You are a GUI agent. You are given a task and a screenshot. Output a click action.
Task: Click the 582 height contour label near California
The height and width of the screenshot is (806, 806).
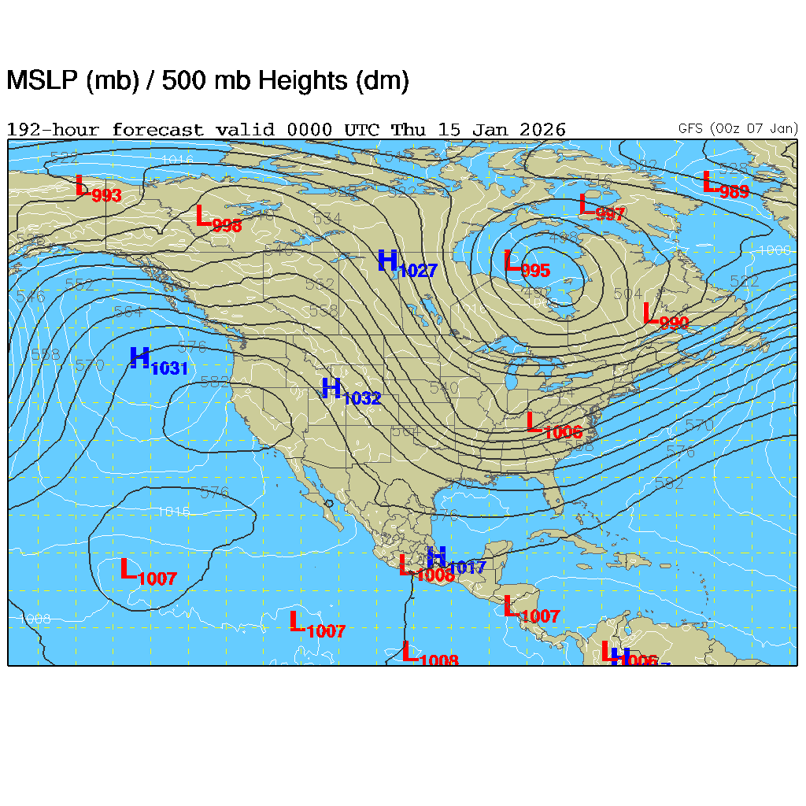[215, 383]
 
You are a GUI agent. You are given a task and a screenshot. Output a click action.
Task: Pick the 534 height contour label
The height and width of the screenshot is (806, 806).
[327, 219]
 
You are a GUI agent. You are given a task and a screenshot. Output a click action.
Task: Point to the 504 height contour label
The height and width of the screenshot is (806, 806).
[627, 294]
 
